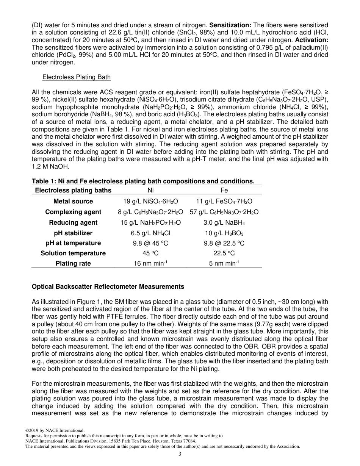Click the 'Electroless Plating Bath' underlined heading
[77, 77]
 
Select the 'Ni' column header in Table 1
[150, 191]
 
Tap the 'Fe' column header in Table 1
[224, 191]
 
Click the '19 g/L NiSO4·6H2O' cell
[150, 201]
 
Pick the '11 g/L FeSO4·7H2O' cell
[224, 201]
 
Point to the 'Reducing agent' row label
[73, 222]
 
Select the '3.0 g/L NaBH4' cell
[224, 222]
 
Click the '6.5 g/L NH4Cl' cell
[150, 233]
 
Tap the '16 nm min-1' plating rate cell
[150, 263]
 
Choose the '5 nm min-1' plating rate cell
[224, 263]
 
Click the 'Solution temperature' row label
[73, 253]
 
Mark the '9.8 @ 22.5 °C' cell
[224, 243]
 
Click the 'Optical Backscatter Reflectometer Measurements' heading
[108, 286]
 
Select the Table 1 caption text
[143, 181]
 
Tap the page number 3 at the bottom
[180, 455]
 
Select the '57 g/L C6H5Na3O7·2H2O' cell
[224, 212]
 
